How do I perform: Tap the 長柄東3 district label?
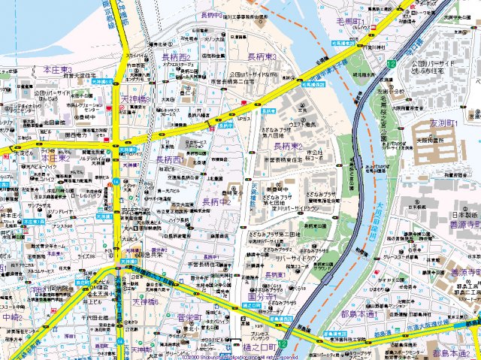coord(263,57)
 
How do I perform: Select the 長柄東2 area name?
coord(287,146)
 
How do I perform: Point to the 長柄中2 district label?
coord(216,201)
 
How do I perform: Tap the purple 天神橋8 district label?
coord(135,98)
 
